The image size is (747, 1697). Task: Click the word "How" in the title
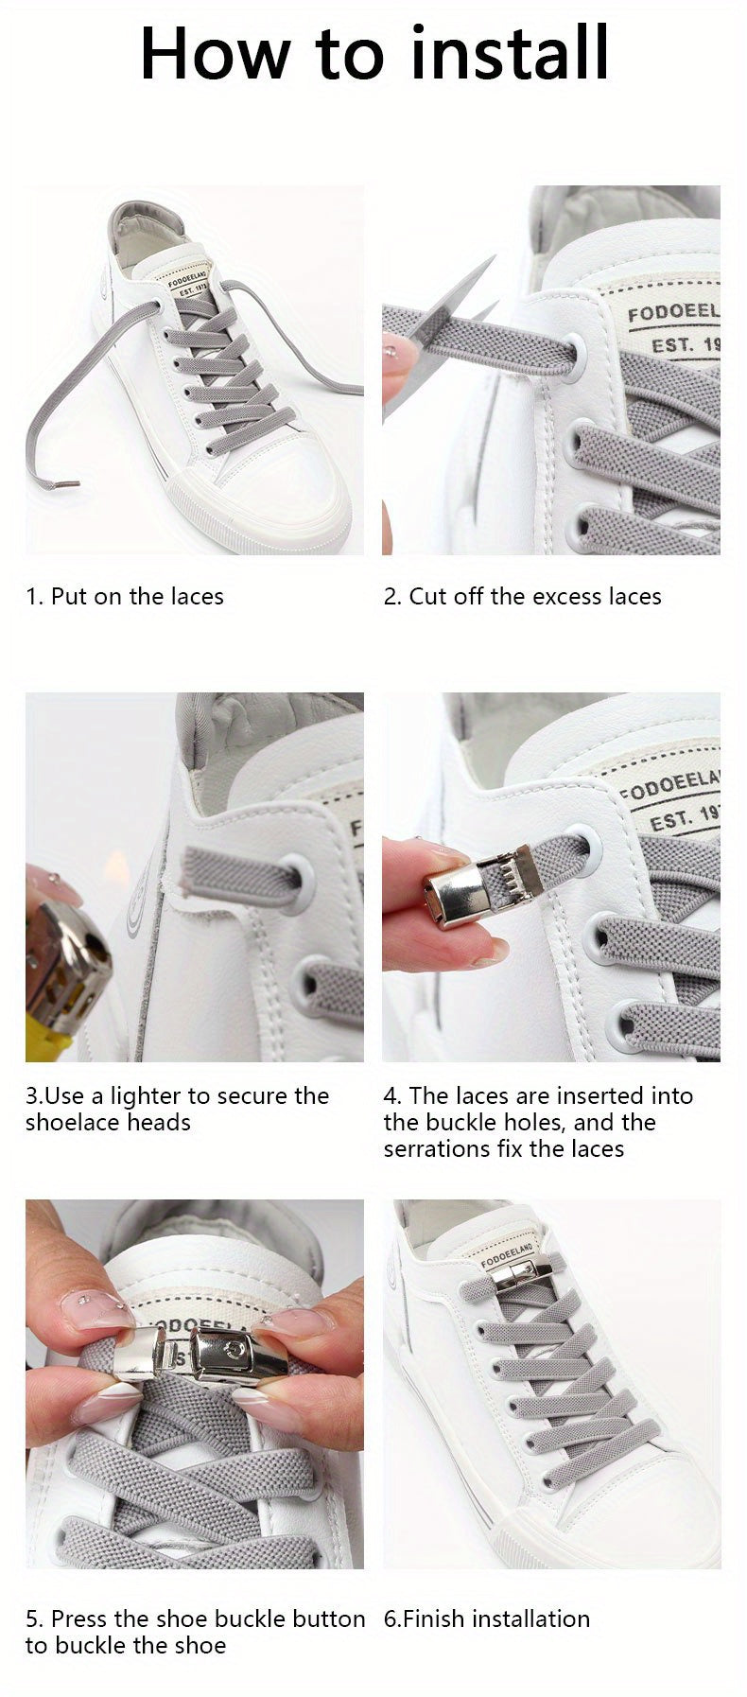point(214,54)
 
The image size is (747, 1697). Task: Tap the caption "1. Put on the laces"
point(125,596)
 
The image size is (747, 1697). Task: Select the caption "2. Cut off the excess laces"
point(522,596)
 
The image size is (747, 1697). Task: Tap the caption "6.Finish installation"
point(486,1618)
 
